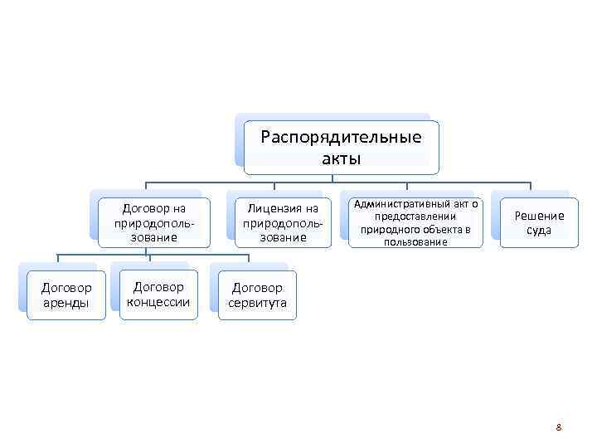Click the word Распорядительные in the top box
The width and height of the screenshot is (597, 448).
click(341, 137)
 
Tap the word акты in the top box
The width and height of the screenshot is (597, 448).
click(341, 158)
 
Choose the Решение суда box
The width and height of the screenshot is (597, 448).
click(538, 222)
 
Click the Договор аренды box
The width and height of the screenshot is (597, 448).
click(66, 295)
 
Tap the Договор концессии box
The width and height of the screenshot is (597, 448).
click(158, 295)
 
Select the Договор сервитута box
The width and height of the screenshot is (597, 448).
click(257, 295)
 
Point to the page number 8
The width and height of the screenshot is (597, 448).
click(559, 427)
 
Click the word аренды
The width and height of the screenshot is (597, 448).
click(66, 304)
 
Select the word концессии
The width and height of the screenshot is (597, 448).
click(158, 302)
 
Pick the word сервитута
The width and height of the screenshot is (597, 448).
click(257, 304)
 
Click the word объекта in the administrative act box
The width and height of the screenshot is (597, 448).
click(432, 229)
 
